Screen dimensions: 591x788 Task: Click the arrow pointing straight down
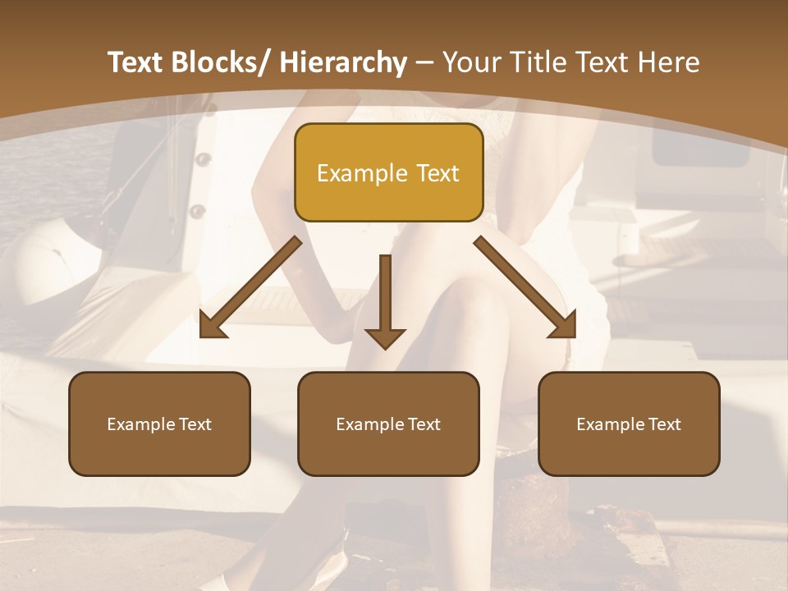pyautogui.click(x=385, y=300)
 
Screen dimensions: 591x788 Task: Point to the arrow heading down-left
pyautogui.click(x=250, y=287)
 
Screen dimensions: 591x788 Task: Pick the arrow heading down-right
pyautogui.click(x=525, y=287)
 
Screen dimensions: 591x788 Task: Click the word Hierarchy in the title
pyautogui.click(x=343, y=62)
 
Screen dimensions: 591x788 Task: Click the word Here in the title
pyautogui.click(x=669, y=62)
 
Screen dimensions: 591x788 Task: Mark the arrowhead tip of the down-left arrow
pyautogui.click(x=202, y=336)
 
